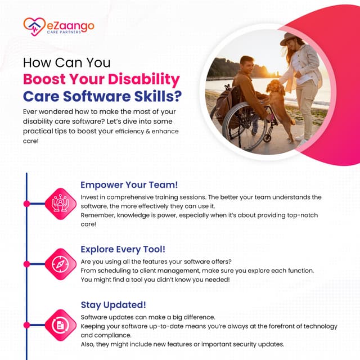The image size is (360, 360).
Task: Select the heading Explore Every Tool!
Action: (x=123, y=248)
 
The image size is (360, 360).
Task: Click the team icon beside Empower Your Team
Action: (x=60, y=202)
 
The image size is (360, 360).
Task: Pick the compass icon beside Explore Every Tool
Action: (x=60, y=263)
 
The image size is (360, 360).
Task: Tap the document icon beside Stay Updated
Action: (x=60, y=326)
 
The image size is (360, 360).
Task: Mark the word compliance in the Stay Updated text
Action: (x=114, y=335)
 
